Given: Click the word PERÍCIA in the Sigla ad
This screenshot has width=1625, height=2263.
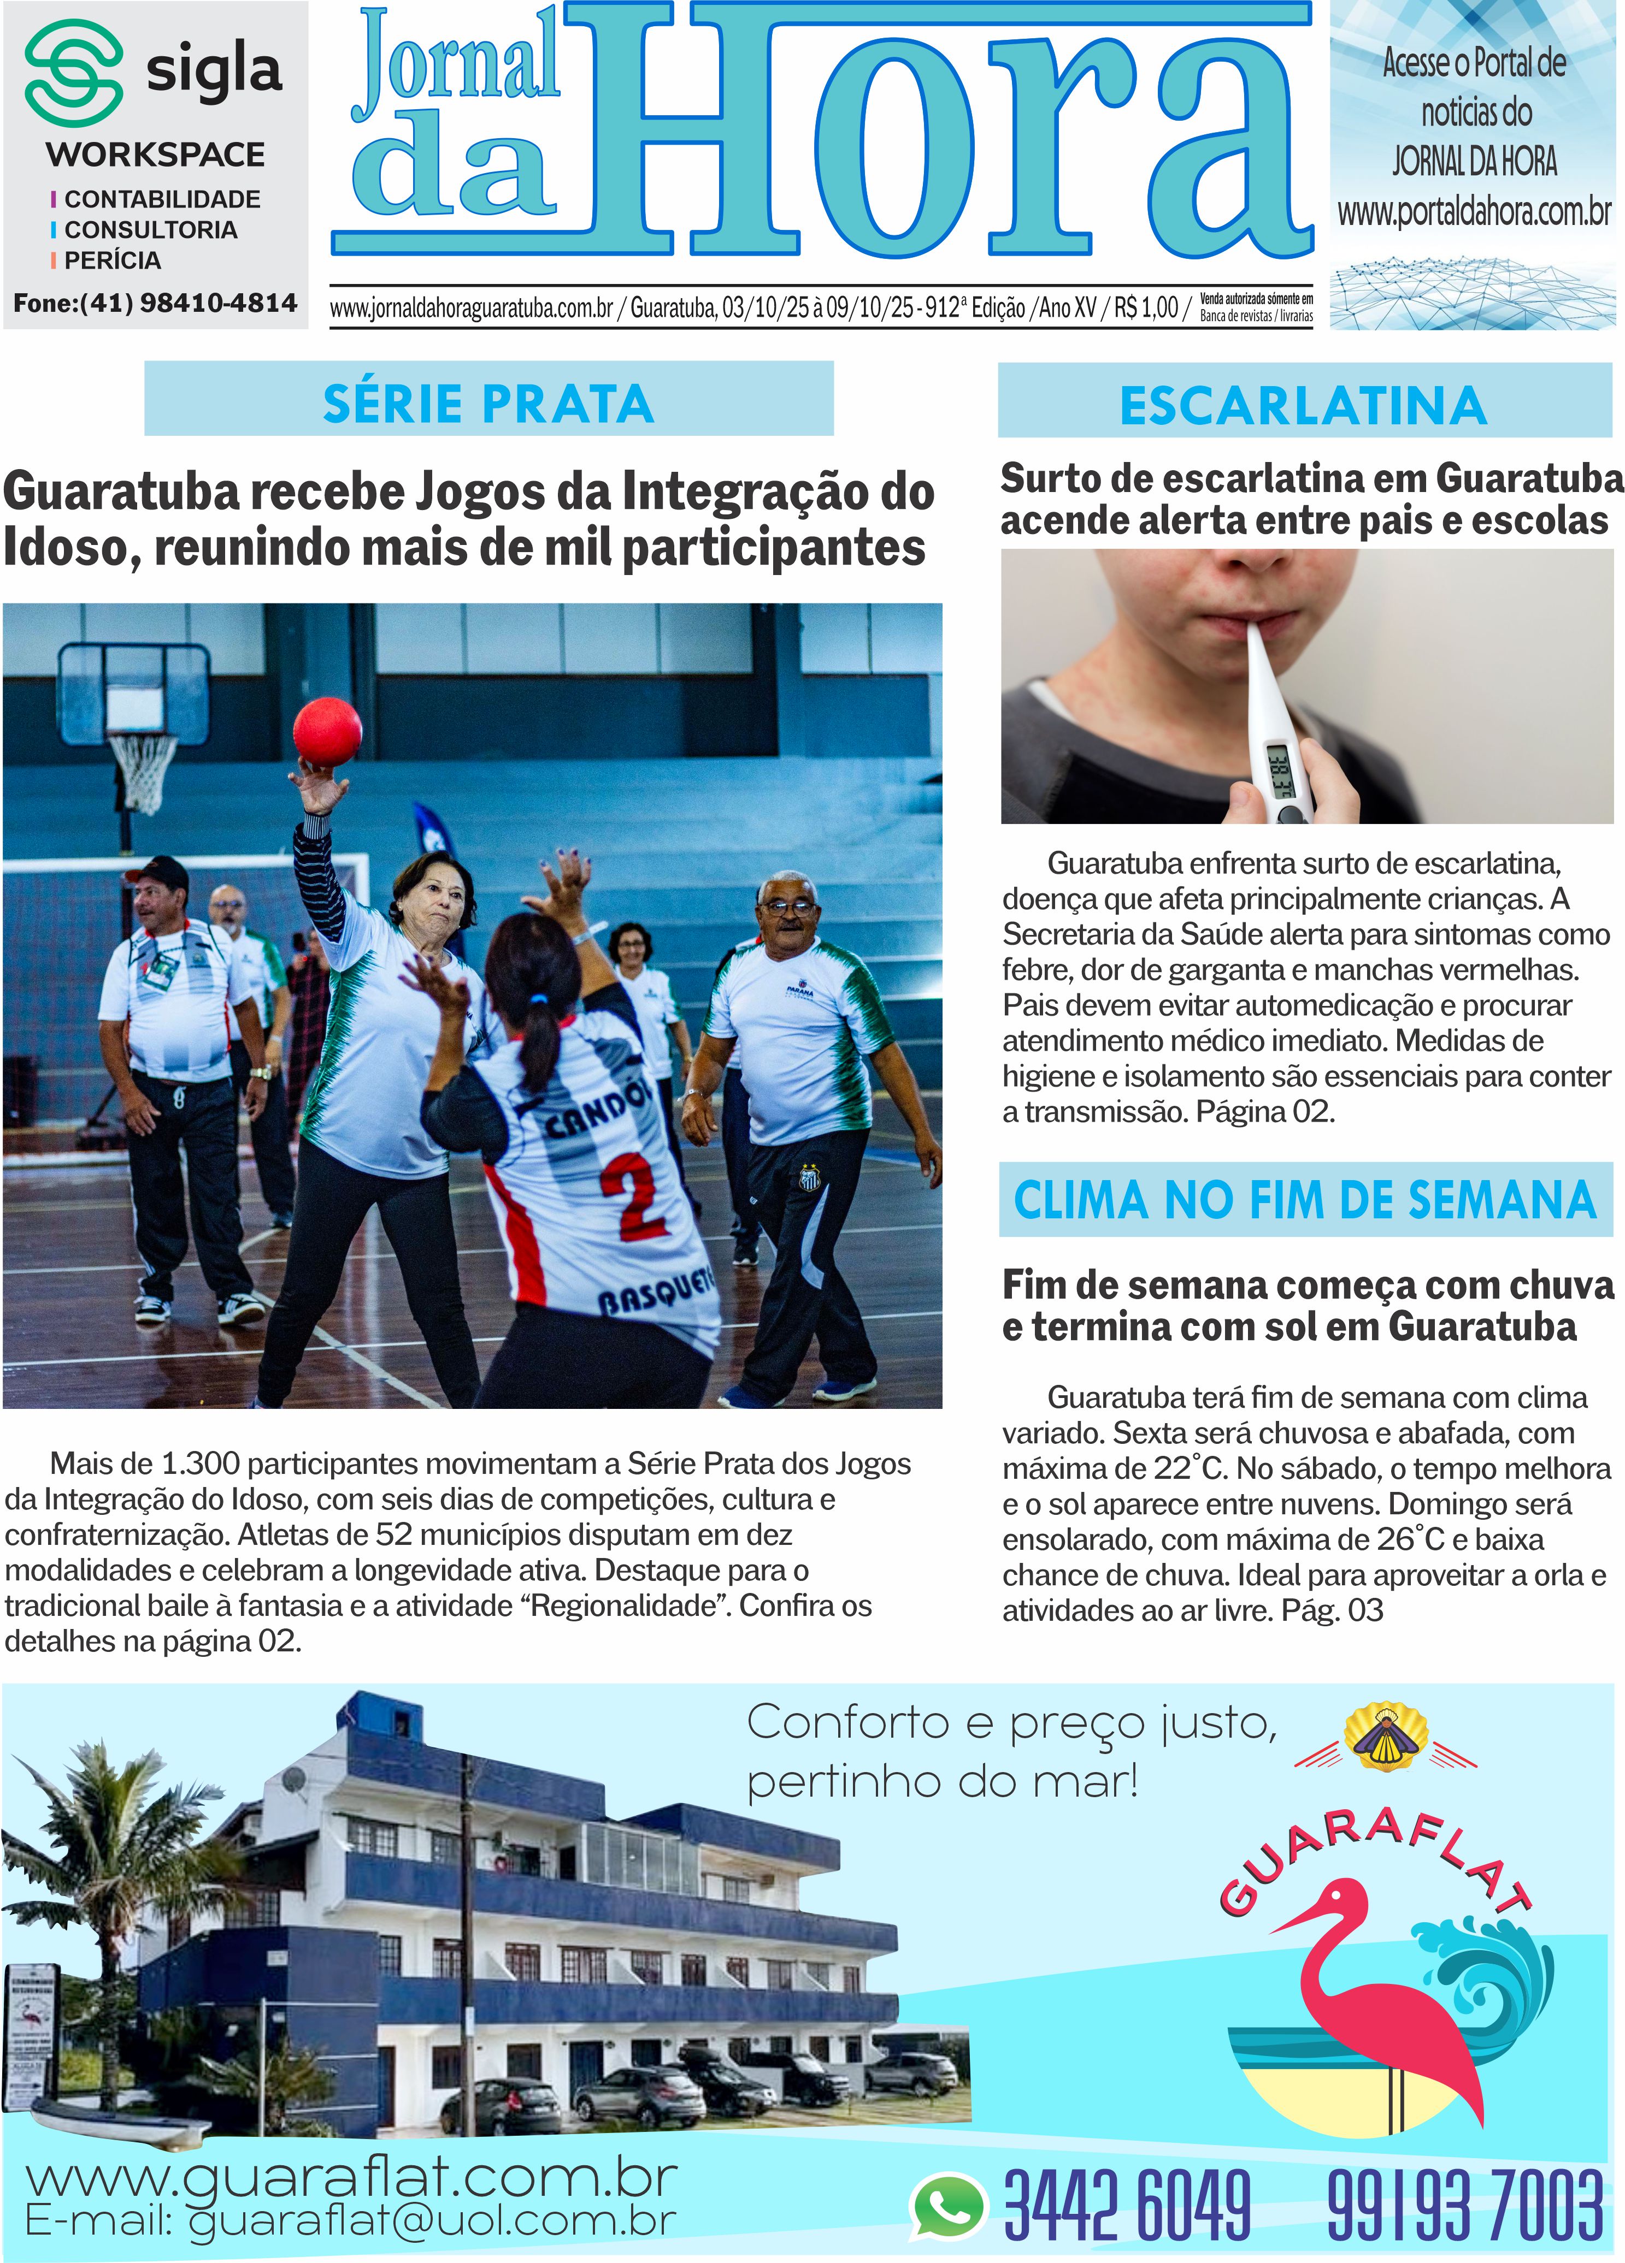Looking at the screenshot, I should click(112, 260).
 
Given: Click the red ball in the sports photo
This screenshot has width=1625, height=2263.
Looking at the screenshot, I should click(327, 731).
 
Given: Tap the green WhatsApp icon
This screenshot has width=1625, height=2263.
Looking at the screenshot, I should click(946, 2204).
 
